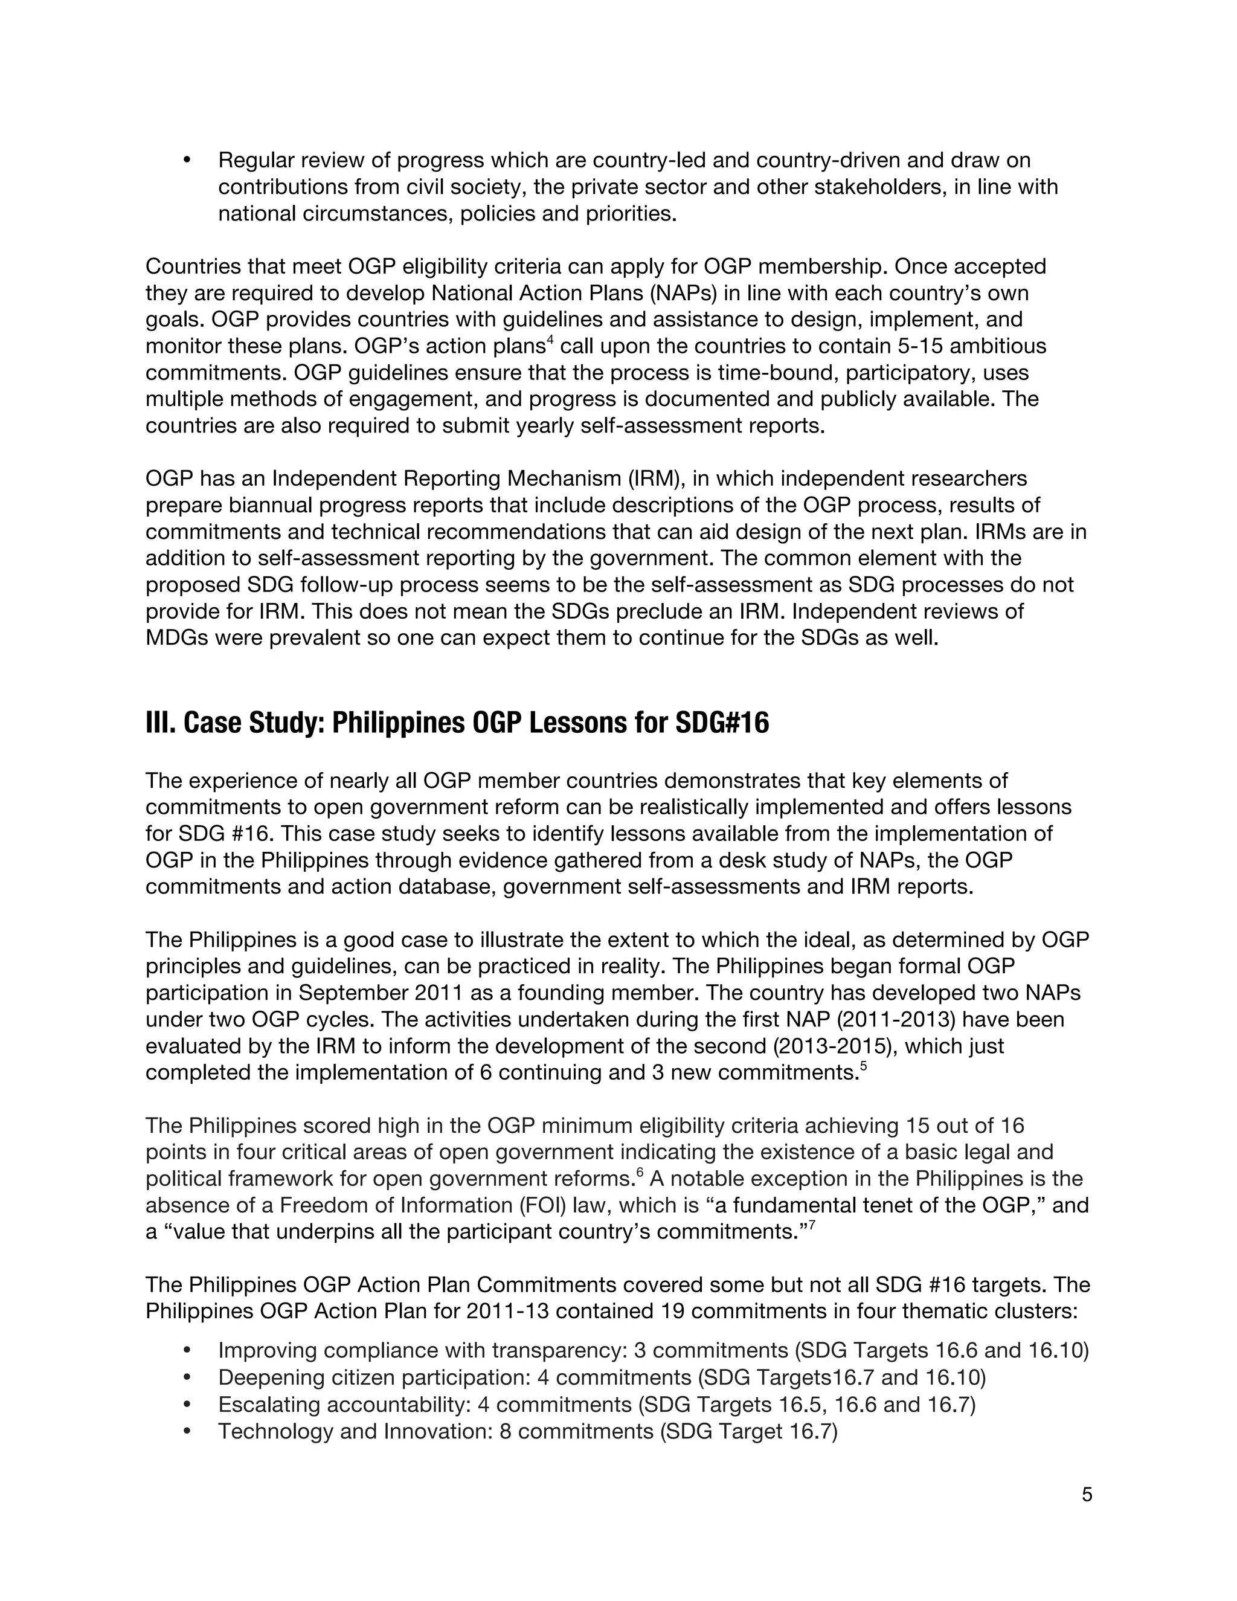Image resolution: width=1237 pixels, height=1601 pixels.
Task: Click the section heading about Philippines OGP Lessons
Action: click(x=457, y=723)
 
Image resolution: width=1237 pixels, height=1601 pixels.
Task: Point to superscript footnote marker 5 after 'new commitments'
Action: click(x=863, y=1066)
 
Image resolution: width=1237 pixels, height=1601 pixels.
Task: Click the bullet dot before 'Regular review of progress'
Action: click(x=186, y=160)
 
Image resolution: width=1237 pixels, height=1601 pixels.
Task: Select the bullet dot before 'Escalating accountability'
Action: click(x=186, y=1405)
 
